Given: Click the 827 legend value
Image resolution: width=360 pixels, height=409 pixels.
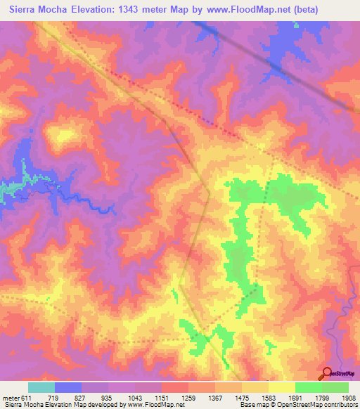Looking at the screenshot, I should click(82, 398).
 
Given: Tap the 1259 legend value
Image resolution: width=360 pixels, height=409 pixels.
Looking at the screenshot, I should click(188, 398).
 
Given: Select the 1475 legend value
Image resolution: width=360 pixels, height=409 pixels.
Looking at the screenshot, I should click(242, 398).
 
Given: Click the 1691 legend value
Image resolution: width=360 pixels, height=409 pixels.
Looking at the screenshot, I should click(295, 398).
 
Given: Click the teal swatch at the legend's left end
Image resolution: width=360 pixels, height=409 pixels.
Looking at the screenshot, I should click(41, 387).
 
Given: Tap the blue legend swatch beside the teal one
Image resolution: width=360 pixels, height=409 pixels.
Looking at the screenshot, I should click(68, 387).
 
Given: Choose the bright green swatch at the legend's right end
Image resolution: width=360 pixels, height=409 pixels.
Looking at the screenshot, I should click(335, 387).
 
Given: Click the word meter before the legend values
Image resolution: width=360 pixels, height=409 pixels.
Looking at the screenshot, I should click(10, 398).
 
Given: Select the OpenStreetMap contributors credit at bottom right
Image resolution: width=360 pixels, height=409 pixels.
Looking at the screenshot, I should click(316, 405).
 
